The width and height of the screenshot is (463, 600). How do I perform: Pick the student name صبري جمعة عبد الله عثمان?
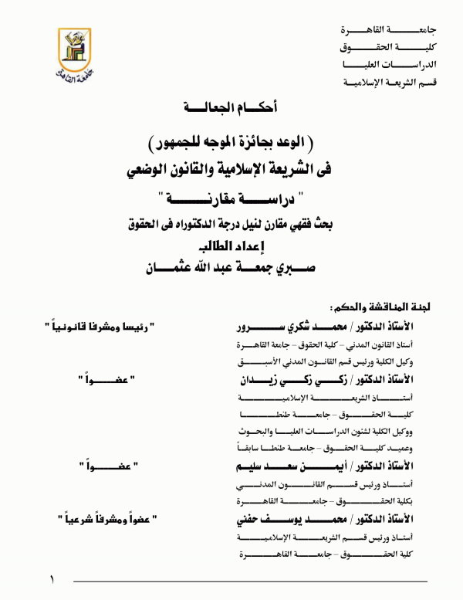tap(230, 268)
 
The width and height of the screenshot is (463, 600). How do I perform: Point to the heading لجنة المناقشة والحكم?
tap(377, 307)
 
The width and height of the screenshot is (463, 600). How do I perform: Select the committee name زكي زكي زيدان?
tap(271, 379)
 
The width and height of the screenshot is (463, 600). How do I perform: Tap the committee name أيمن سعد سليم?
tap(269, 466)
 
